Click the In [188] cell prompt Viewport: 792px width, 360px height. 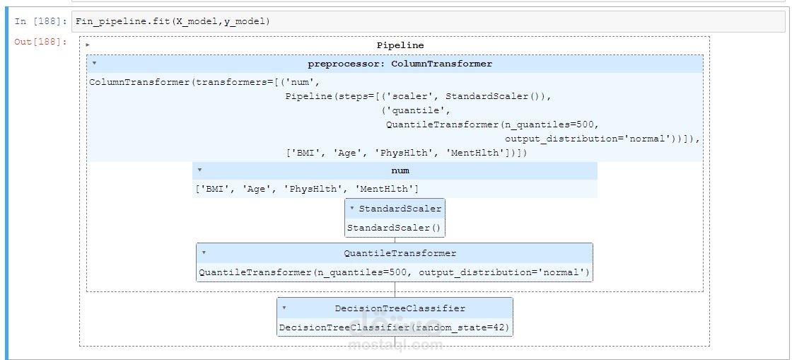[x=40, y=21]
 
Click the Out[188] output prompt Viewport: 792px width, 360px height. [x=40, y=42]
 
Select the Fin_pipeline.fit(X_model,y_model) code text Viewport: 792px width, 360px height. [x=173, y=21]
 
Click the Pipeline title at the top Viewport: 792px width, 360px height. [x=400, y=45]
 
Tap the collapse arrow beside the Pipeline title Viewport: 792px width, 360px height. [x=88, y=45]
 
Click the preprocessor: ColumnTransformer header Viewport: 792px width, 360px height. [x=400, y=64]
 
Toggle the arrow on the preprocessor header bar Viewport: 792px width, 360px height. [x=94, y=64]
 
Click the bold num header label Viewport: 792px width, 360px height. [x=400, y=170]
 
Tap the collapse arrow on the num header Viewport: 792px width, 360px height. [x=199, y=170]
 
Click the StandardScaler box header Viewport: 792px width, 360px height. [x=400, y=208]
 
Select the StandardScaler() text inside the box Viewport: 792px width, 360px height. [x=393, y=228]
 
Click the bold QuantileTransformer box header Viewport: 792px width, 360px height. [x=400, y=253]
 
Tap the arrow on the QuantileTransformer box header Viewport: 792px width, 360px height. [x=204, y=252]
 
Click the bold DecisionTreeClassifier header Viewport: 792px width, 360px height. [x=400, y=308]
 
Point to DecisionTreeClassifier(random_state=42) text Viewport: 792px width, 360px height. [x=395, y=328]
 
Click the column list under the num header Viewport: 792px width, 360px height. [x=307, y=189]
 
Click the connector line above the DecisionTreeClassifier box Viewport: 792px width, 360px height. [x=395, y=290]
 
